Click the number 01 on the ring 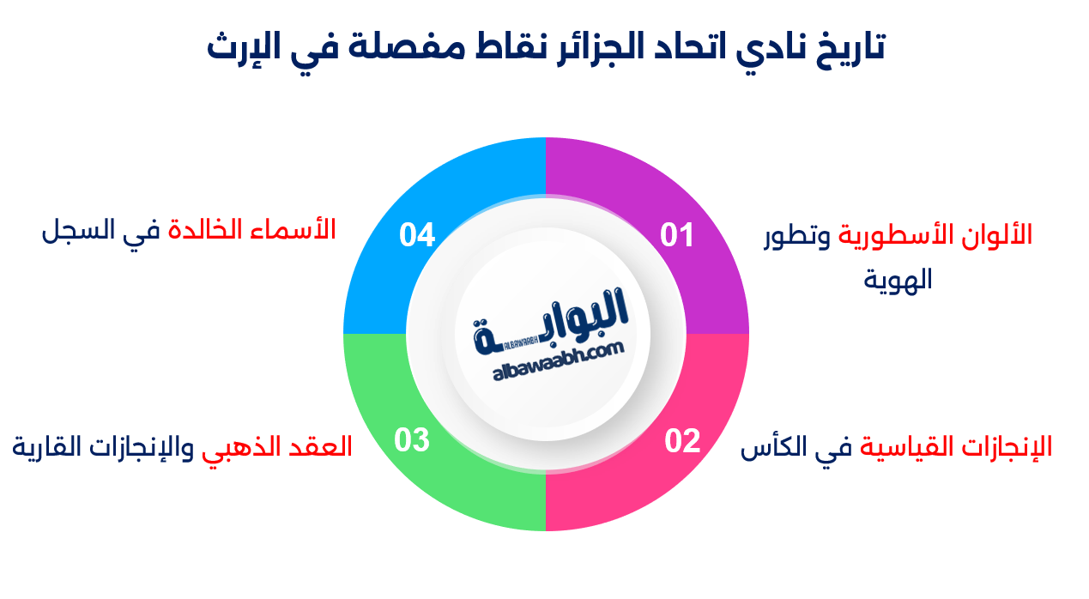tap(677, 235)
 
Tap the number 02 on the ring tap(682, 441)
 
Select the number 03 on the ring tap(412, 440)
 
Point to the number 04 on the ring tap(417, 235)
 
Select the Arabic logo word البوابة tap(552, 321)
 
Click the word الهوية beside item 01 tap(898, 280)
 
